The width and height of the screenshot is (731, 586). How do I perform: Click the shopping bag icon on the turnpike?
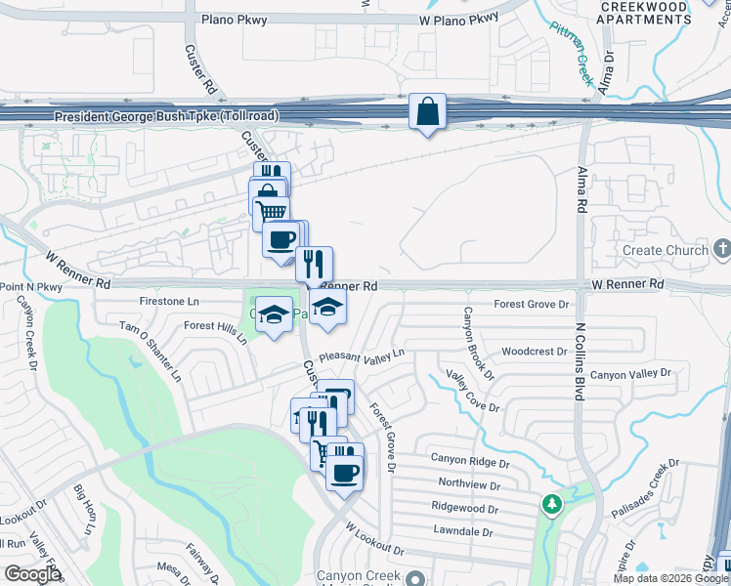coord(428,112)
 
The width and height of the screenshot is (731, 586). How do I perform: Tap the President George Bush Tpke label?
coord(166,116)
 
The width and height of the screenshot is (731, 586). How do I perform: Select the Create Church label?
coord(665,251)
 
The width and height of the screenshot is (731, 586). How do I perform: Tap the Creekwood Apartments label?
coord(644,13)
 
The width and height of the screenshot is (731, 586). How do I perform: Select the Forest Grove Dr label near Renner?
coord(531,305)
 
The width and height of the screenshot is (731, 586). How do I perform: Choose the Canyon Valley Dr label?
coord(630,374)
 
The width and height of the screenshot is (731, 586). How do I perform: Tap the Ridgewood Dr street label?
coord(465,507)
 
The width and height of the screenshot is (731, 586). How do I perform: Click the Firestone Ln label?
coord(170,301)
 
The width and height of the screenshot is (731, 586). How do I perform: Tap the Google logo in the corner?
coord(31,574)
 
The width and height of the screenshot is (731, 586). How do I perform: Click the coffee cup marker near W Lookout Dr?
coord(344,473)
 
